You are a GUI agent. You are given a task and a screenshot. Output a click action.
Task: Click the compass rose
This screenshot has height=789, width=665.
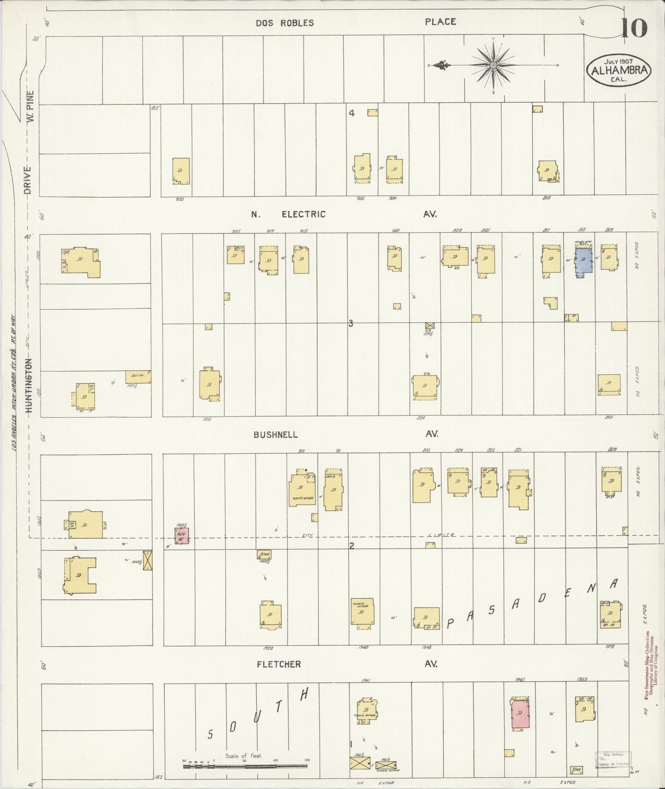tap(493, 65)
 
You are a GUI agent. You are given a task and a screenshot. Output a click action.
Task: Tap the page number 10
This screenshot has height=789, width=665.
tap(634, 29)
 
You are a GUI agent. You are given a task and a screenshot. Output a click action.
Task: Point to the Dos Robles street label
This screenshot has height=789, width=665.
tap(285, 23)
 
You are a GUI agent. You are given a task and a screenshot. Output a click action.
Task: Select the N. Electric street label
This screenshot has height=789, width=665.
tap(288, 214)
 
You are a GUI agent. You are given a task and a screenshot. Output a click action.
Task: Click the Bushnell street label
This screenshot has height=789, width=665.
tap(275, 435)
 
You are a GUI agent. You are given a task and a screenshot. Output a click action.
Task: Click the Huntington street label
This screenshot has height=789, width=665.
tap(29, 386)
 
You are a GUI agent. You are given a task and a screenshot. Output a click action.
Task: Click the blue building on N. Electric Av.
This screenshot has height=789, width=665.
tap(584, 262)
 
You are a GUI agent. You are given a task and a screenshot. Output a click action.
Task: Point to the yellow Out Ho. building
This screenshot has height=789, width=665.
tap(138, 377)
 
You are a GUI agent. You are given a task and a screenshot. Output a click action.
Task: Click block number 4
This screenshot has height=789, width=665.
tap(352, 113)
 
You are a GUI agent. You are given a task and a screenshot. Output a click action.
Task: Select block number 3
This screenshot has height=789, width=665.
tap(351, 324)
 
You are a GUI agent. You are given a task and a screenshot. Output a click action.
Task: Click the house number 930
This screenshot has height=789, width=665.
tap(179, 199)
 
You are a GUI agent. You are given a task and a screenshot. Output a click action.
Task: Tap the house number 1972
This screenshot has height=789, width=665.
tap(610, 647)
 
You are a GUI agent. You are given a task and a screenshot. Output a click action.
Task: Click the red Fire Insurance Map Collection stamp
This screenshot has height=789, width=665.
tap(649, 666)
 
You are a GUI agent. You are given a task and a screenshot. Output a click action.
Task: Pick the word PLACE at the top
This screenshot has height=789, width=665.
tap(440, 22)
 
